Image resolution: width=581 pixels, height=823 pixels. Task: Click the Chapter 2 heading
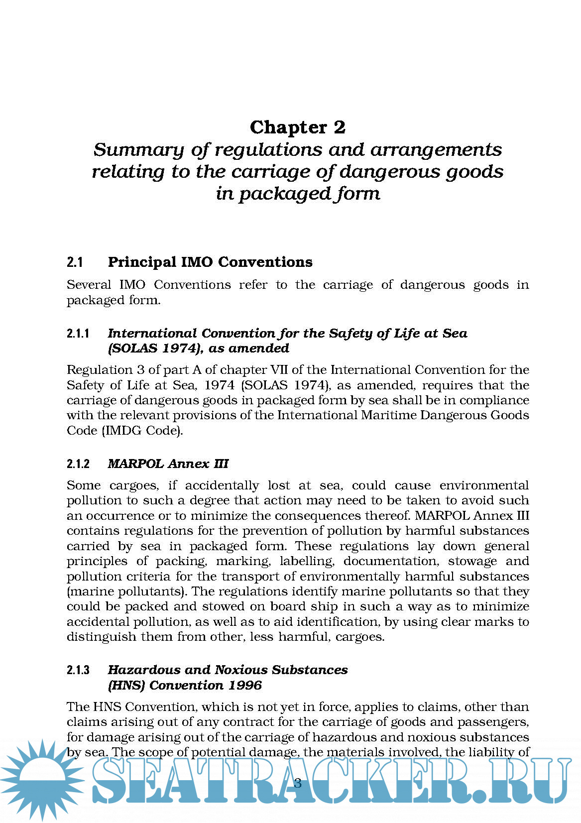coord(297,127)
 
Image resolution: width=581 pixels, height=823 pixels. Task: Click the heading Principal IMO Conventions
coord(210,262)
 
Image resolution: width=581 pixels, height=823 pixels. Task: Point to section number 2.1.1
coord(78,334)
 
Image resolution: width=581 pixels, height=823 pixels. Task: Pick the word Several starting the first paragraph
coord(89,285)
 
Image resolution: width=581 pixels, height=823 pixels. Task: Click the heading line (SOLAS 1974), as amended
coord(198,349)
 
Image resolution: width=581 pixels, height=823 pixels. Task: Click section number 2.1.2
coord(78,464)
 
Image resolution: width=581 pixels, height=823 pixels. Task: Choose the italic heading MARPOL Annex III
coord(168,464)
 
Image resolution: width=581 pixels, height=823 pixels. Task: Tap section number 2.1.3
coord(78,671)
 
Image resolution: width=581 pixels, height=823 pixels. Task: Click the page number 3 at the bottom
coord(298,783)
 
